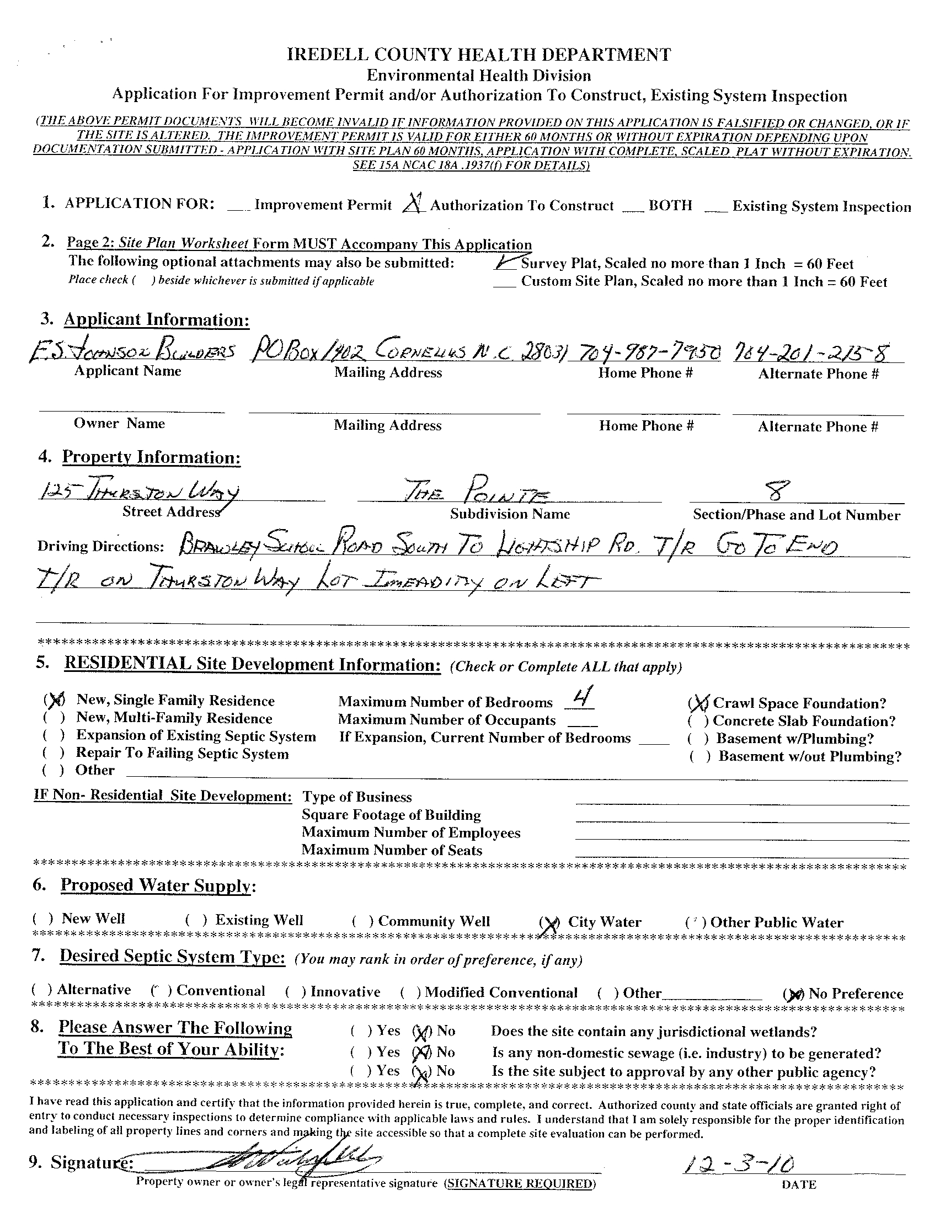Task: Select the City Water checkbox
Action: [549, 923]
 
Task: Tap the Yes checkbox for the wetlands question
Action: [361, 1031]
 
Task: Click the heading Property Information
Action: [151, 457]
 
